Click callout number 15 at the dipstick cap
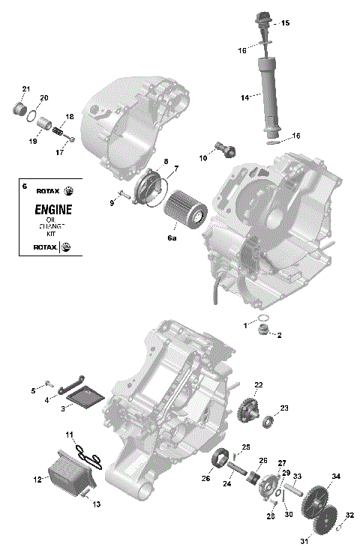(285, 24)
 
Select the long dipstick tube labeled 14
(268, 94)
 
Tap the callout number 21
(25, 90)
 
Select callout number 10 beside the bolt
(202, 158)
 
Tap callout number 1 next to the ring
(244, 324)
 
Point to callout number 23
(284, 408)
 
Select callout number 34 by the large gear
(336, 477)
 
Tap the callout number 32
(349, 516)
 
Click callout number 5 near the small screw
(33, 391)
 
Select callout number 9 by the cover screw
(112, 203)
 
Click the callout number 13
(96, 504)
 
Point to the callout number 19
(33, 141)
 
